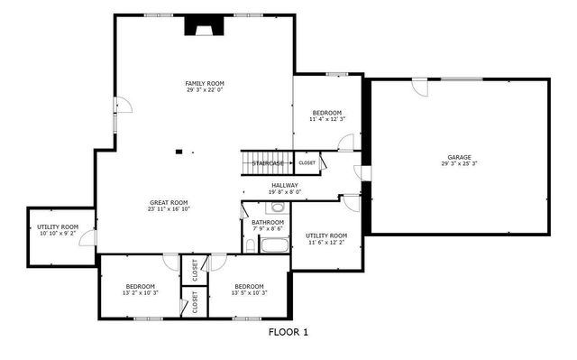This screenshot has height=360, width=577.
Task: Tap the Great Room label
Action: (169, 202)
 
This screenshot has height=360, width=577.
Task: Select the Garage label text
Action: (459, 157)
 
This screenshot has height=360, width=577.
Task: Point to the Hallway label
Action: (285, 185)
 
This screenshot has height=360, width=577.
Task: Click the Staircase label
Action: (268, 163)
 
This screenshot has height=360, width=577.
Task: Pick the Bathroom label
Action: (268, 222)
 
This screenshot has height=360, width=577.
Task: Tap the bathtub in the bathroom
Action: (272, 244)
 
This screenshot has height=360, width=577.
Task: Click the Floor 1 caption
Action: (288, 332)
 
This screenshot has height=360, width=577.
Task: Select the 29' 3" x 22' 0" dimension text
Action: (204, 90)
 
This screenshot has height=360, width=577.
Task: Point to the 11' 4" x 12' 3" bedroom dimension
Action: (327, 119)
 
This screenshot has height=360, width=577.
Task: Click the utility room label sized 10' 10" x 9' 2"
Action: (58, 234)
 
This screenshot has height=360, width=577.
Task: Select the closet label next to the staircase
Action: (307, 163)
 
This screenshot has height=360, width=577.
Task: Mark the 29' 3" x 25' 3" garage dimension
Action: (459, 164)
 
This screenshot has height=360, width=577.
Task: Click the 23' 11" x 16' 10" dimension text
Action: (169, 209)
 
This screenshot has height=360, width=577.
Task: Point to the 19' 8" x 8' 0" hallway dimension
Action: (285, 192)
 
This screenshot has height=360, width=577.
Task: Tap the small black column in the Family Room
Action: (179, 151)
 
